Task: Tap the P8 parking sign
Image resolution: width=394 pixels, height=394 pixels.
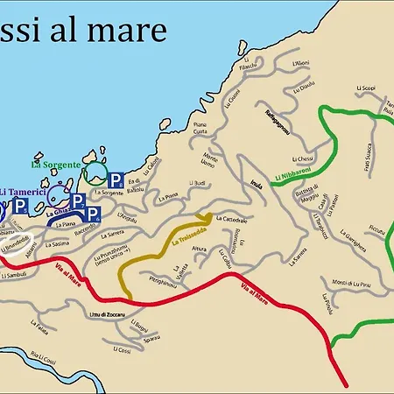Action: (x=116, y=180)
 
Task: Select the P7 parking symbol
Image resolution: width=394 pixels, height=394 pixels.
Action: (x=78, y=201)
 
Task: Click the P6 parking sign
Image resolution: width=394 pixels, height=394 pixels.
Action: (x=94, y=214)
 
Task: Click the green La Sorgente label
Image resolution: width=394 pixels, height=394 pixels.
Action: (x=56, y=164)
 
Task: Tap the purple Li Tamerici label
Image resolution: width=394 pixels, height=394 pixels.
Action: (x=25, y=191)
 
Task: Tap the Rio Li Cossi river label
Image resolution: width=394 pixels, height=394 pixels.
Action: (x=42, y=357)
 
